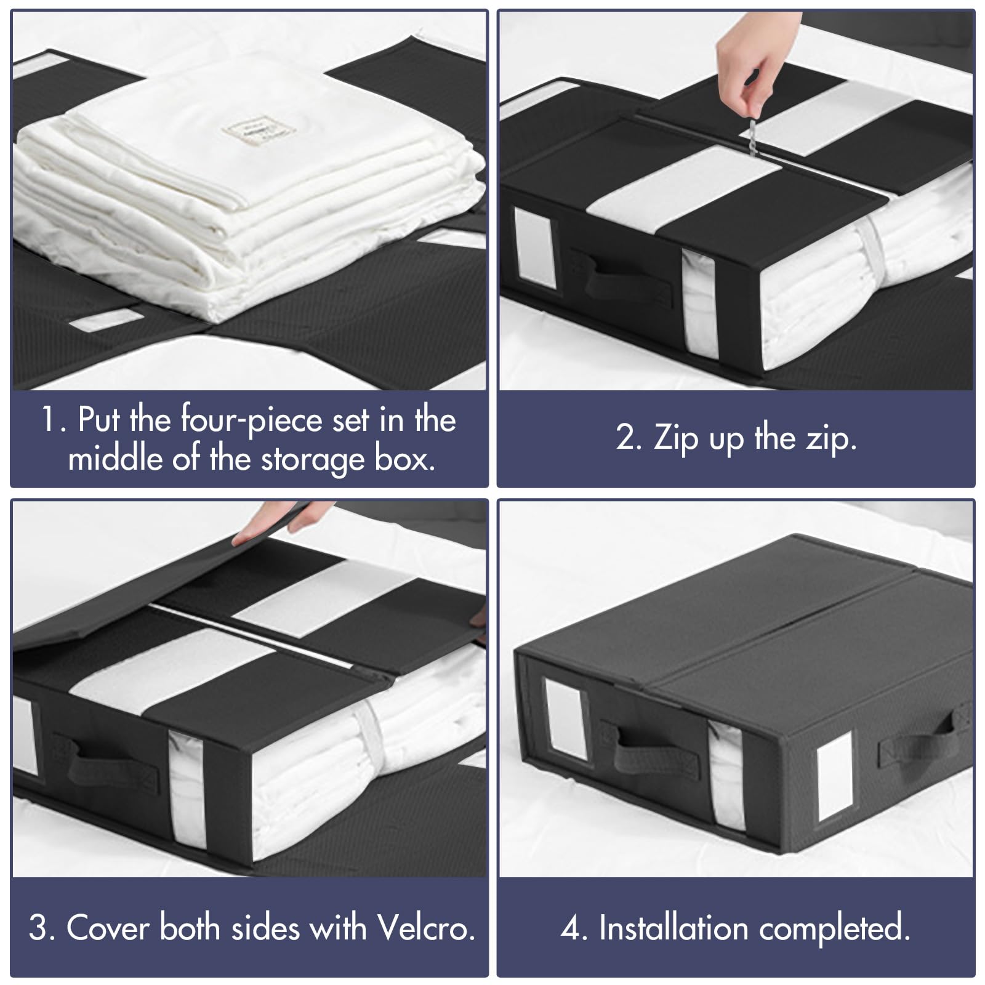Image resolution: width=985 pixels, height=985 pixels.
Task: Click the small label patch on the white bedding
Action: pos(259,131)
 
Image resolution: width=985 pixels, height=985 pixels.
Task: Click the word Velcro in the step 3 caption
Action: pos(426,928)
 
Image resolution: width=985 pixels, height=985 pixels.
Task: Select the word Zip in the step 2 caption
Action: pos(675,438)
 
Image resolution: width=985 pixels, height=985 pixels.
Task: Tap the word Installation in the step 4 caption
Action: pos(673,928)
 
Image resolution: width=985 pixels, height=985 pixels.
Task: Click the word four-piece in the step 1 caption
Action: pos(251,421)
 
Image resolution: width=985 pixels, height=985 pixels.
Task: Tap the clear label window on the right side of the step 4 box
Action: pos(835,776)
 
